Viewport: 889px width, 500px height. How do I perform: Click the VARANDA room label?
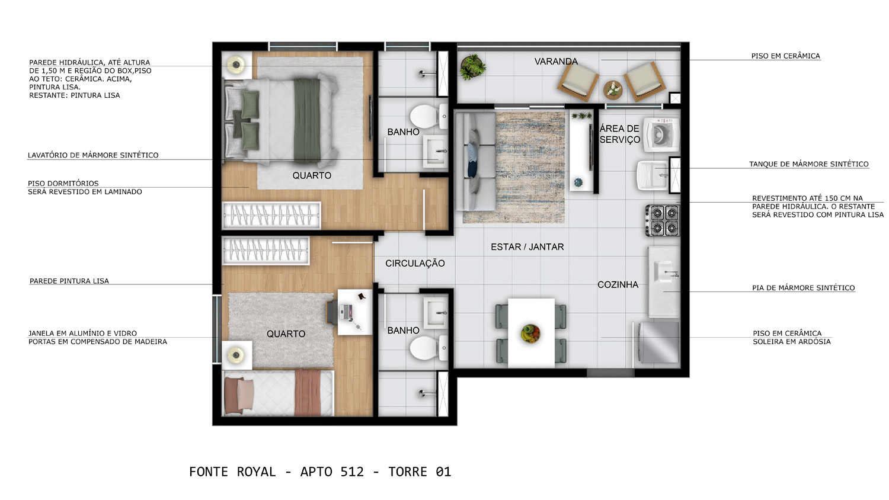(556, 62)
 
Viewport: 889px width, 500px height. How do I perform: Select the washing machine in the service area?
(661, 134)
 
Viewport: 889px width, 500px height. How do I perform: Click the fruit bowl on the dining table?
(530, 333)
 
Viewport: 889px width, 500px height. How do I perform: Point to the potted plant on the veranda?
(472, 67)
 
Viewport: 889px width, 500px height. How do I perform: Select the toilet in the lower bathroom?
(428, 348)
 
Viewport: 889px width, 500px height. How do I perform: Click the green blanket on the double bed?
(307, 120)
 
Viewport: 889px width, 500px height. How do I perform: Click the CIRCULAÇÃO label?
(415, 263)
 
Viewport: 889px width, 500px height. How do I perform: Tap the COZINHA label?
(618, 284)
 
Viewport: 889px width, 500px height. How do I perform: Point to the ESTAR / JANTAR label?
(527, 247)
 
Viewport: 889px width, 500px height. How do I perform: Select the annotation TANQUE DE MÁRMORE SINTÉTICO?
(809, 164)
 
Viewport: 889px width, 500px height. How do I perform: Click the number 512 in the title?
(352, 472)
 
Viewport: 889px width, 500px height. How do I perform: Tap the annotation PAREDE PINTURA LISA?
(69, 281)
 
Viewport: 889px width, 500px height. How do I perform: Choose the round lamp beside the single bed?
(237, 354)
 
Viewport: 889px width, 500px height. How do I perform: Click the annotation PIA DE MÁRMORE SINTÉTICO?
(803, 288)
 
